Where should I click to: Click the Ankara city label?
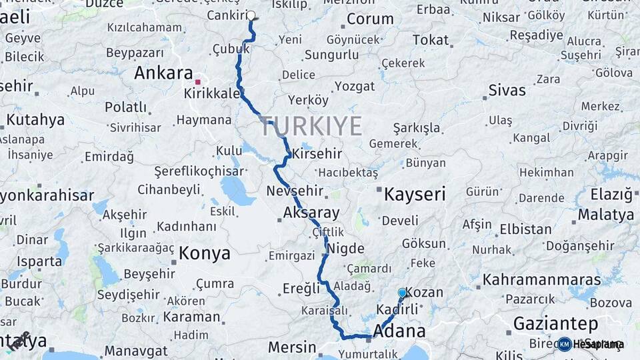(x=163, y=73)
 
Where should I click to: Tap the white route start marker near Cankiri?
(x=251, y=15)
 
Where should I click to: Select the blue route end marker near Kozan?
(x=402, y=293)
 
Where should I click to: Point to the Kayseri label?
(x=414, y=194)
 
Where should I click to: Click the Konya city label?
(x=204, y=253)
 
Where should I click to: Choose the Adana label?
(x=400, y=331)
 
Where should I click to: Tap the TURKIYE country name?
(x=312, y=125)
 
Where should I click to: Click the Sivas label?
(x=507, y=90)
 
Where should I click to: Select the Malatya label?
(x=605, y=215)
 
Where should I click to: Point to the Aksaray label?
(x=311, y=213)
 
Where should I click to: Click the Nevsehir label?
(x=295, y=191)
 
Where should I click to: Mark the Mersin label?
(x=292, y=347)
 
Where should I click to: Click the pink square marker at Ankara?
(x=197, y=82)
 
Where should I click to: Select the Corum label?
(x=370, y=19)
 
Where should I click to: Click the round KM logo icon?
(x=565, y=344)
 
